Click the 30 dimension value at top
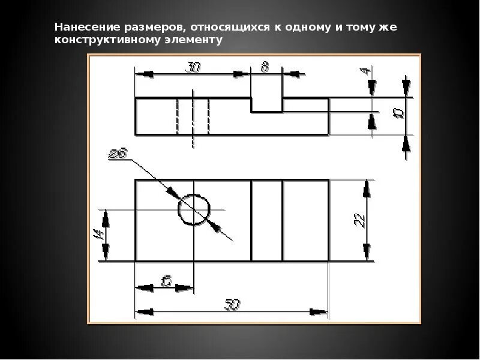pos(193,67)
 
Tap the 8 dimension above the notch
pos(265,67)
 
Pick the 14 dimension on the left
pos(98,235)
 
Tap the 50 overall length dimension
pos(232,304)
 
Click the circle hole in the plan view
pos(194,209)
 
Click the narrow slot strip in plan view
pos(266,220)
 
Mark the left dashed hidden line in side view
pos(178,116)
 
